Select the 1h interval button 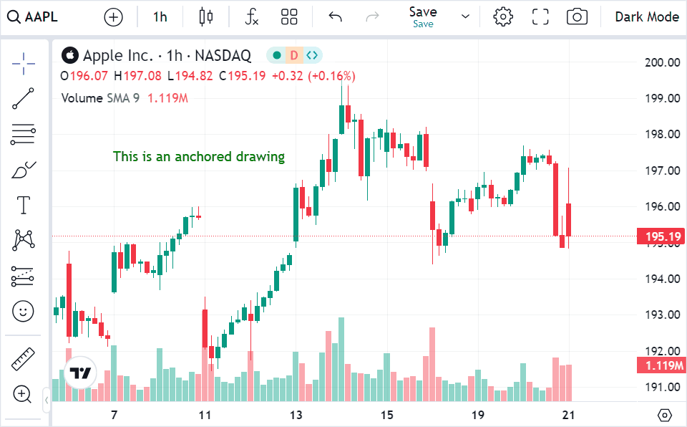[160, 17]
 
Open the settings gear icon [503, 17]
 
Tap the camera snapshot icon [577, 17]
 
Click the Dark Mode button [646, 17]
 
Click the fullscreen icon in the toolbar [540, 17]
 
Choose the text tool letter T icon [24, 205]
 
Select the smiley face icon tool [24, 311]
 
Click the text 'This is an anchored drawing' [199, 156]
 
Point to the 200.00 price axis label [661, 62]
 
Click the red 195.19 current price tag [661, 236]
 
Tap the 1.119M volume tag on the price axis [661, 366]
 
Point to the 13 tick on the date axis [296, 415]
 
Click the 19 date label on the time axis [478, 415]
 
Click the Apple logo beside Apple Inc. [69, 55]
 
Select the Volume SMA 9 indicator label [100, 98]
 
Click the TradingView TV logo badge [80, 373]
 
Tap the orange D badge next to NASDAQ [294, 55]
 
